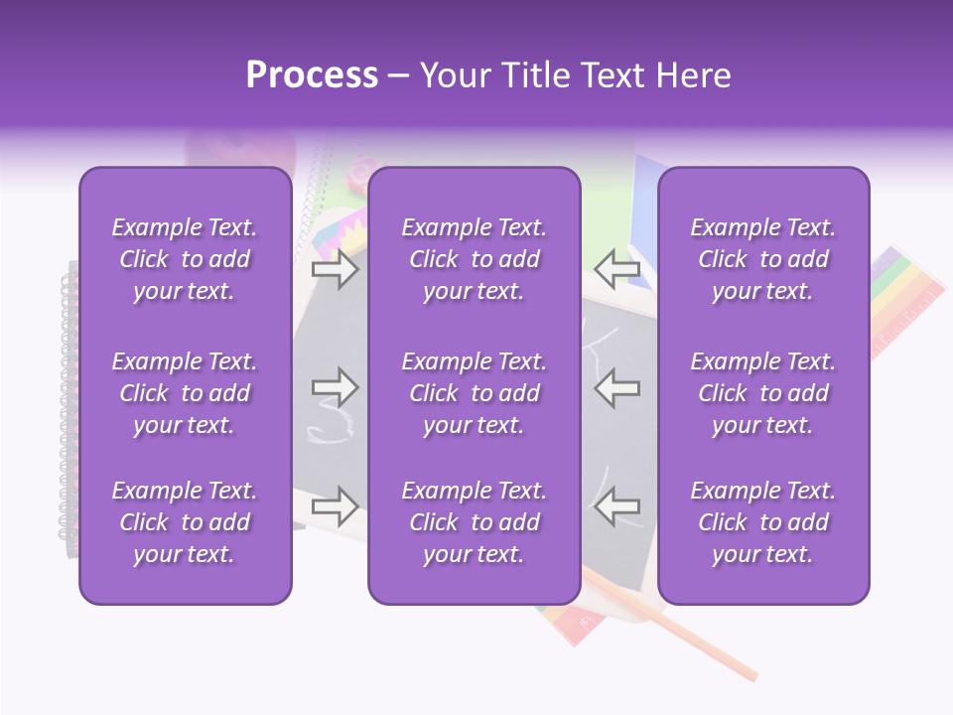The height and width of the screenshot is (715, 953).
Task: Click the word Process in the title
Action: (x=312, y=75)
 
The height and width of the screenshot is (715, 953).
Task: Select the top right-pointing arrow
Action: (x=335, y=269)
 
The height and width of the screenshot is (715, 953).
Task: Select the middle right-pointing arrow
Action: (x=335, y=387)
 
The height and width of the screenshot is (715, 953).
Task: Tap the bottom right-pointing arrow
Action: (x=335, y=505)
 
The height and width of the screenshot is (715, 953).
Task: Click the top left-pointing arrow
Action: (x=616, y=269)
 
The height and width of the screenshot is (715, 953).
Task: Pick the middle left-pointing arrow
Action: (x=616, y=387)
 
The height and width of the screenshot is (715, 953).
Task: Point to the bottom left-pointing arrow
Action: (x=616, y=505)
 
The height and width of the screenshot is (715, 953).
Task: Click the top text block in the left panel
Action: (x=185, y=259)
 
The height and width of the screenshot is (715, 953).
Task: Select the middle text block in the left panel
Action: (x=185, y=393)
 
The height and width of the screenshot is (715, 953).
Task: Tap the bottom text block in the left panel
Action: (x=185, y=522)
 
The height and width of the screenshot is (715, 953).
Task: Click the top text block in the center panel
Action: (x=474, y=259)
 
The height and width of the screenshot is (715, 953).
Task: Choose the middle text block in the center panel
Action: (x=474, y=393)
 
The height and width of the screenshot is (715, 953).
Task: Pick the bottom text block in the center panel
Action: (x=474, y=522)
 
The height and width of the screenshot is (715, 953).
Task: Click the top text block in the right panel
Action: (x=762, y=259)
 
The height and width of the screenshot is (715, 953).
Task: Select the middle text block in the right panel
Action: (x=762, y=393)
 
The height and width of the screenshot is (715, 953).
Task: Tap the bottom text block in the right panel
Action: (x=762, y=522)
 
